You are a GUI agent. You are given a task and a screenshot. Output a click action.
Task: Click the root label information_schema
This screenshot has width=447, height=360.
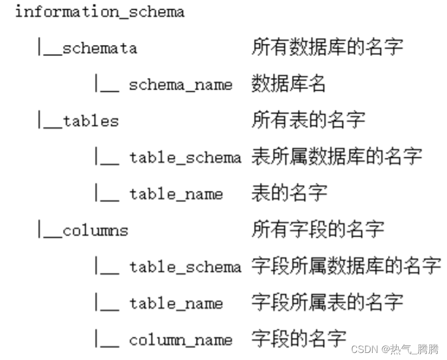point(99,12)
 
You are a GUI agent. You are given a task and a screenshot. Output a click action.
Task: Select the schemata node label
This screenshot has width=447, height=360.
point(100,48)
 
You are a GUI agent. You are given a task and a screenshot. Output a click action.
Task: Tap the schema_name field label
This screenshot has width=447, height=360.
point(181,85)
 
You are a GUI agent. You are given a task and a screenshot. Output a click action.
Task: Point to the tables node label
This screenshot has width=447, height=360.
point(91,121)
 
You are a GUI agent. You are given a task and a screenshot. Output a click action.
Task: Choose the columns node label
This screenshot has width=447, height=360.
point(95,230)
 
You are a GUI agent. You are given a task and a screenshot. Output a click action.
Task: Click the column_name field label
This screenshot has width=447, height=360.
point(181,340)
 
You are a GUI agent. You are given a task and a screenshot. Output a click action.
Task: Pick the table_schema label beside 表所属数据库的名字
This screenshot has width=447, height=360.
point(185,158)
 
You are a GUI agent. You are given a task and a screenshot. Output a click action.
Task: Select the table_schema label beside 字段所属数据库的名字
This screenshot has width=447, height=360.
point(185,267)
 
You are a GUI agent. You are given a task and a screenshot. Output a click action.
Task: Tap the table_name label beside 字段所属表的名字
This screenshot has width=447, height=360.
point(176,303)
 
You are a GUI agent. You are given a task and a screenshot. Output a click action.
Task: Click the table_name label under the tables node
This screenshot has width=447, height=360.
point(176,194)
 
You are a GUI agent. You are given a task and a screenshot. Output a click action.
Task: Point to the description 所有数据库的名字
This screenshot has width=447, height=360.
point(327,47)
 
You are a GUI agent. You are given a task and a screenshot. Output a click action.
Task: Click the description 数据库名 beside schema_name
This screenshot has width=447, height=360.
point(289,84)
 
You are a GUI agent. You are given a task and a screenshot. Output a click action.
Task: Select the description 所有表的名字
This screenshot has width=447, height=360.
point(308,120)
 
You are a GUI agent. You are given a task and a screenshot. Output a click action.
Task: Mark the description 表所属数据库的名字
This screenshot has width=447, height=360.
point(336,157)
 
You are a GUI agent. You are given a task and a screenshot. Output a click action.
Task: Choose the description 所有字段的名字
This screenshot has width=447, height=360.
point(317,229)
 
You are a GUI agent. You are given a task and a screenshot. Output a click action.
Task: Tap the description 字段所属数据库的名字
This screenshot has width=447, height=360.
point(346,266)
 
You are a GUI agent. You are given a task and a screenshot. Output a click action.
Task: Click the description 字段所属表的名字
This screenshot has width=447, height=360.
point(327,303)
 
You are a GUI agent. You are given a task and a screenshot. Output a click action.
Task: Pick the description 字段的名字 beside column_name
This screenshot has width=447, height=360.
point(298,339)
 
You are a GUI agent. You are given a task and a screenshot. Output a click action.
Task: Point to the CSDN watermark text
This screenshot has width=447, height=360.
point(394,350)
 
